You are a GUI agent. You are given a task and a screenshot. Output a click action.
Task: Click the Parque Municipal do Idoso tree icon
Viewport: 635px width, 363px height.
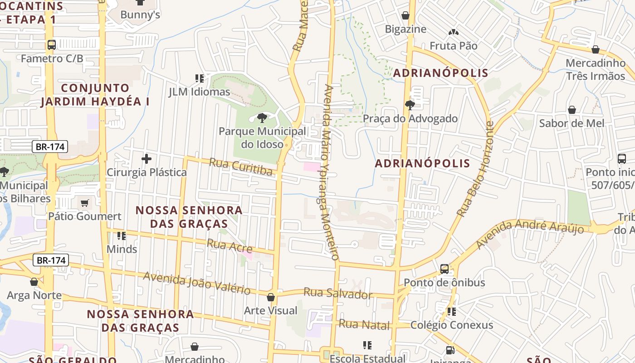pyautogui.click(x=262, y=118)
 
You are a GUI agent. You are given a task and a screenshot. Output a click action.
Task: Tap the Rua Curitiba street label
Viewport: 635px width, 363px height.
pyautogui.click(x=241, y=167)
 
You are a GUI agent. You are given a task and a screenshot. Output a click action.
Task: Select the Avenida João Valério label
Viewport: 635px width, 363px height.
pyautogui.click(x=197, y=283)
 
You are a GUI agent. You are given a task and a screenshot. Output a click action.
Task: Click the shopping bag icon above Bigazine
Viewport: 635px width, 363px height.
pyautogui.click(x=405, y=16)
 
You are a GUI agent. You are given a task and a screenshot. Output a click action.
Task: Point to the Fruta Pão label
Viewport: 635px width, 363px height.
pyautogui.click(x=454, y=46)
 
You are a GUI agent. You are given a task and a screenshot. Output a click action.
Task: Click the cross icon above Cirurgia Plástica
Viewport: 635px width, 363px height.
pyautogui.click(x=147, y=159)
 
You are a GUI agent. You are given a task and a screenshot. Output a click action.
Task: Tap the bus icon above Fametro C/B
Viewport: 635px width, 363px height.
pyautogui.click(x=52, y=45)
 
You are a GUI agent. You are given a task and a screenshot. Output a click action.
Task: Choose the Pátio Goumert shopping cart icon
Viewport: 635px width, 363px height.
pyautogui.click(x=84, y=203)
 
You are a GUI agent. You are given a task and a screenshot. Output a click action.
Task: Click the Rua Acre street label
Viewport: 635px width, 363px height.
pyautogui.click(x=230, y=245)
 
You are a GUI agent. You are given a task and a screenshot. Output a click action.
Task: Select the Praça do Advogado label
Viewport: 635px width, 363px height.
pyautogui.click(x=410, y=119)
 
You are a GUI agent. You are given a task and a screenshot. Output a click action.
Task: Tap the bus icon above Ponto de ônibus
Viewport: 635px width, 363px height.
pyautogui.click(x=444, y=269)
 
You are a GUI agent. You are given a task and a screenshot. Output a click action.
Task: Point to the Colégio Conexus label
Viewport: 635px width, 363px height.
pyautogui.click(x=451, y=325)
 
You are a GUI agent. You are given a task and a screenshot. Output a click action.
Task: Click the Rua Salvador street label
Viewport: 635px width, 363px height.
pyautogui.click(x=338, y=293)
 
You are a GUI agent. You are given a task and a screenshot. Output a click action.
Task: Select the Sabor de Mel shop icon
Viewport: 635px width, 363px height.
pyautogui.click(x=572, y=110)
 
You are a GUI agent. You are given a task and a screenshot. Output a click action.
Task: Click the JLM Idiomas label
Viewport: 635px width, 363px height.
pyautogui.click(x=200, y=92)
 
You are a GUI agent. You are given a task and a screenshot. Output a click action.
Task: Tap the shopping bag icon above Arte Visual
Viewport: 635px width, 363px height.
pyautogui.click(x=271, y=298)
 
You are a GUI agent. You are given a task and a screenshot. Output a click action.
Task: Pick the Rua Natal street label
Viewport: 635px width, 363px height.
pyautogui.click(x=364, y=325)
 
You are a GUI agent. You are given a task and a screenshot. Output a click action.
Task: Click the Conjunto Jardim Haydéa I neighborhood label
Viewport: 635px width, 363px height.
pyautogui.click(x=95, y=94)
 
